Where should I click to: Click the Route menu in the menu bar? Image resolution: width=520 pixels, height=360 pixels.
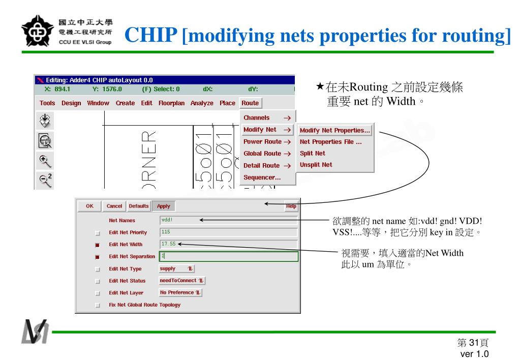(x=250, y=103)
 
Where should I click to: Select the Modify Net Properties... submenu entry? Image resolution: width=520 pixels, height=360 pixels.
(x=335, y=130)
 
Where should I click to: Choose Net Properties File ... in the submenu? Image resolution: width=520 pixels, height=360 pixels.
(x=330, y=142)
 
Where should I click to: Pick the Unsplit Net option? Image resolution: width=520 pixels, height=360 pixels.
(x=316, y=165)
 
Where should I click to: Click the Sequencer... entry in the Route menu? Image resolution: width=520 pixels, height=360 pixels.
(x=262, y=177)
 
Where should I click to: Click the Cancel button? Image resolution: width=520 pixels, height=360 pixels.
(x=114, y=206)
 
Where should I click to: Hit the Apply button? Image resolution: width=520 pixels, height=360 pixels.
(x=164, y=206)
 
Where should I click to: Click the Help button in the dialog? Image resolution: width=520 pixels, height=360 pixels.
(x=291, y=206)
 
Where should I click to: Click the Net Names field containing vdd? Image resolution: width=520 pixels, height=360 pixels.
(x=228, y=220)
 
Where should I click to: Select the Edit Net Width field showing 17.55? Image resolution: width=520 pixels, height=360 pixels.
(x=228, y=244)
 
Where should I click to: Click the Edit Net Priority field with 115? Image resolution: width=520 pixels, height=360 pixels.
(x=228, y=232)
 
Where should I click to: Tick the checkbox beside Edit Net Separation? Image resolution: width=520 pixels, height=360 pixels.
(x=97, y=257)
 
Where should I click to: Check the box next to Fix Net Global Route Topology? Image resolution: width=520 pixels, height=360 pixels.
(x=97, y=305)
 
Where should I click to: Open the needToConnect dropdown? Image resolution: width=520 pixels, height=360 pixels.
(x=182, y=281)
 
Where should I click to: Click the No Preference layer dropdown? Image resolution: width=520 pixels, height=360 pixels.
(x=180, y=293)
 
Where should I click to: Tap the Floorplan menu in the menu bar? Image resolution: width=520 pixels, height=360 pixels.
(x=171, y=103)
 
